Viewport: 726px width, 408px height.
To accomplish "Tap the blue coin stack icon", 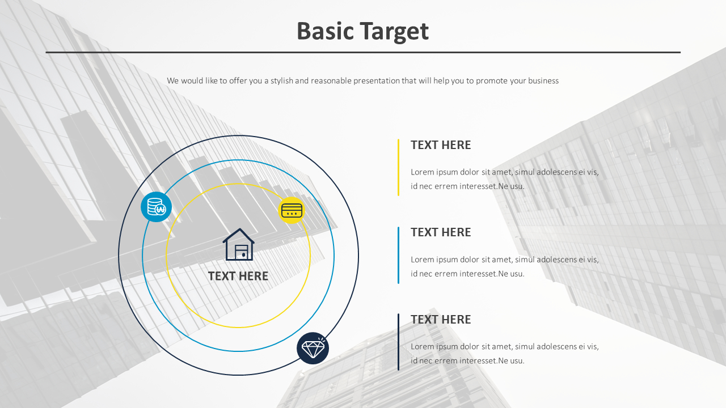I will click(156, 207).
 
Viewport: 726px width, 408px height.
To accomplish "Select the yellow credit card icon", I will click(292, 210).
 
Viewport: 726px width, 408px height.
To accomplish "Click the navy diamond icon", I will click(313, 348).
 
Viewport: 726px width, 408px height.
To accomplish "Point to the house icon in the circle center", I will click(238, 245).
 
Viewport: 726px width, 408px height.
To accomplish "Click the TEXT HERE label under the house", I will click(238, 276).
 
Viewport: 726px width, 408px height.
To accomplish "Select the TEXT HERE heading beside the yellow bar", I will click(441, 145).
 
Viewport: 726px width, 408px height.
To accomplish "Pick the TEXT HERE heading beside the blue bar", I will click(441, 232).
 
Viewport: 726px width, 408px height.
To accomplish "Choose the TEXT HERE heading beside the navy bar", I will click(441, 320).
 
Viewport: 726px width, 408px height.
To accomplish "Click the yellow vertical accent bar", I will click(398, 167).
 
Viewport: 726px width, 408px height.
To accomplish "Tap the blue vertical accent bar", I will click(398, 255).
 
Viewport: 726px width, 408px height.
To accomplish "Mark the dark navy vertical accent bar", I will click(398, 342).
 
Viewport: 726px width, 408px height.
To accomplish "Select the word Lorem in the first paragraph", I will click(422, 172).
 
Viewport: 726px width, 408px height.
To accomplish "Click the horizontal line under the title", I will click(363, 52).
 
